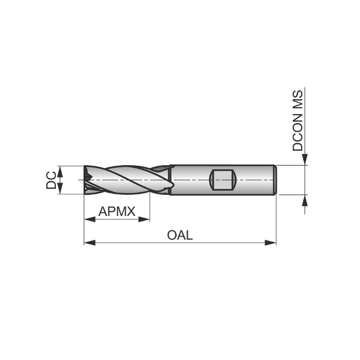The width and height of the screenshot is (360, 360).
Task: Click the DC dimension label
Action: click(51, 180)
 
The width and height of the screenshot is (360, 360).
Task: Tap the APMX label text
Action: click(117, 211)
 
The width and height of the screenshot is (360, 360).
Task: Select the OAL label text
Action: click(180, 234)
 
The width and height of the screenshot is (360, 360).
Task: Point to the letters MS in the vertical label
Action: click(298, 99)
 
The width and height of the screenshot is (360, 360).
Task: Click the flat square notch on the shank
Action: click(222, 180)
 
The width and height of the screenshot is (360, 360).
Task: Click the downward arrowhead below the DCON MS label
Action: click(305, 160)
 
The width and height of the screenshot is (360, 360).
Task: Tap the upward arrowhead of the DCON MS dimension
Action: click(305, 201)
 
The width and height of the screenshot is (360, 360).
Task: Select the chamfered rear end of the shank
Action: click(275, 180)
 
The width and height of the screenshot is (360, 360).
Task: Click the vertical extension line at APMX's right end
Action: click(149, 207)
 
